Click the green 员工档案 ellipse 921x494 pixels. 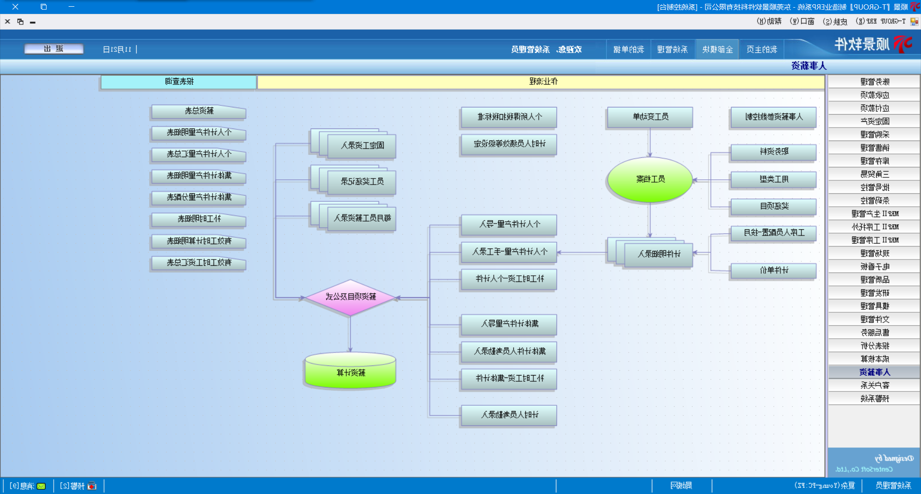(x=650, y=179)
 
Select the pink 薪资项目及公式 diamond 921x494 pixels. (x=351, y=297)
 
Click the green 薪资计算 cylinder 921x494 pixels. (x=351, y=372)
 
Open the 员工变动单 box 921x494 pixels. (x=650, y=117)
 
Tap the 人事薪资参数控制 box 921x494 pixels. (x=773, y=117)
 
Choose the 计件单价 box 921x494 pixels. (x=773, y=271)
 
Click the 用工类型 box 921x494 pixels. (x=773, y=179)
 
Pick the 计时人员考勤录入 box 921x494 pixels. (x=509, y=415)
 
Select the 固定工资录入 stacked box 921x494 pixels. (x=362, y=145)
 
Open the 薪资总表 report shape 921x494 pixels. (x=199, y=111)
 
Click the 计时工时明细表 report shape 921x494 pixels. (x=199, y=219)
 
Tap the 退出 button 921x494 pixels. (x=54, y=49)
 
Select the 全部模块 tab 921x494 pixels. (x=717, y=49)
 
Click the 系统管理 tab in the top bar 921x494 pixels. (x=672, y=49)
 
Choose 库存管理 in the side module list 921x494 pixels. (x=874, y=161)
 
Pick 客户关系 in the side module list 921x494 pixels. (x=874, y=385)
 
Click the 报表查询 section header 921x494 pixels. (x=179, y=82)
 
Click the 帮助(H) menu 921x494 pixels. (x=769, y=22)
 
